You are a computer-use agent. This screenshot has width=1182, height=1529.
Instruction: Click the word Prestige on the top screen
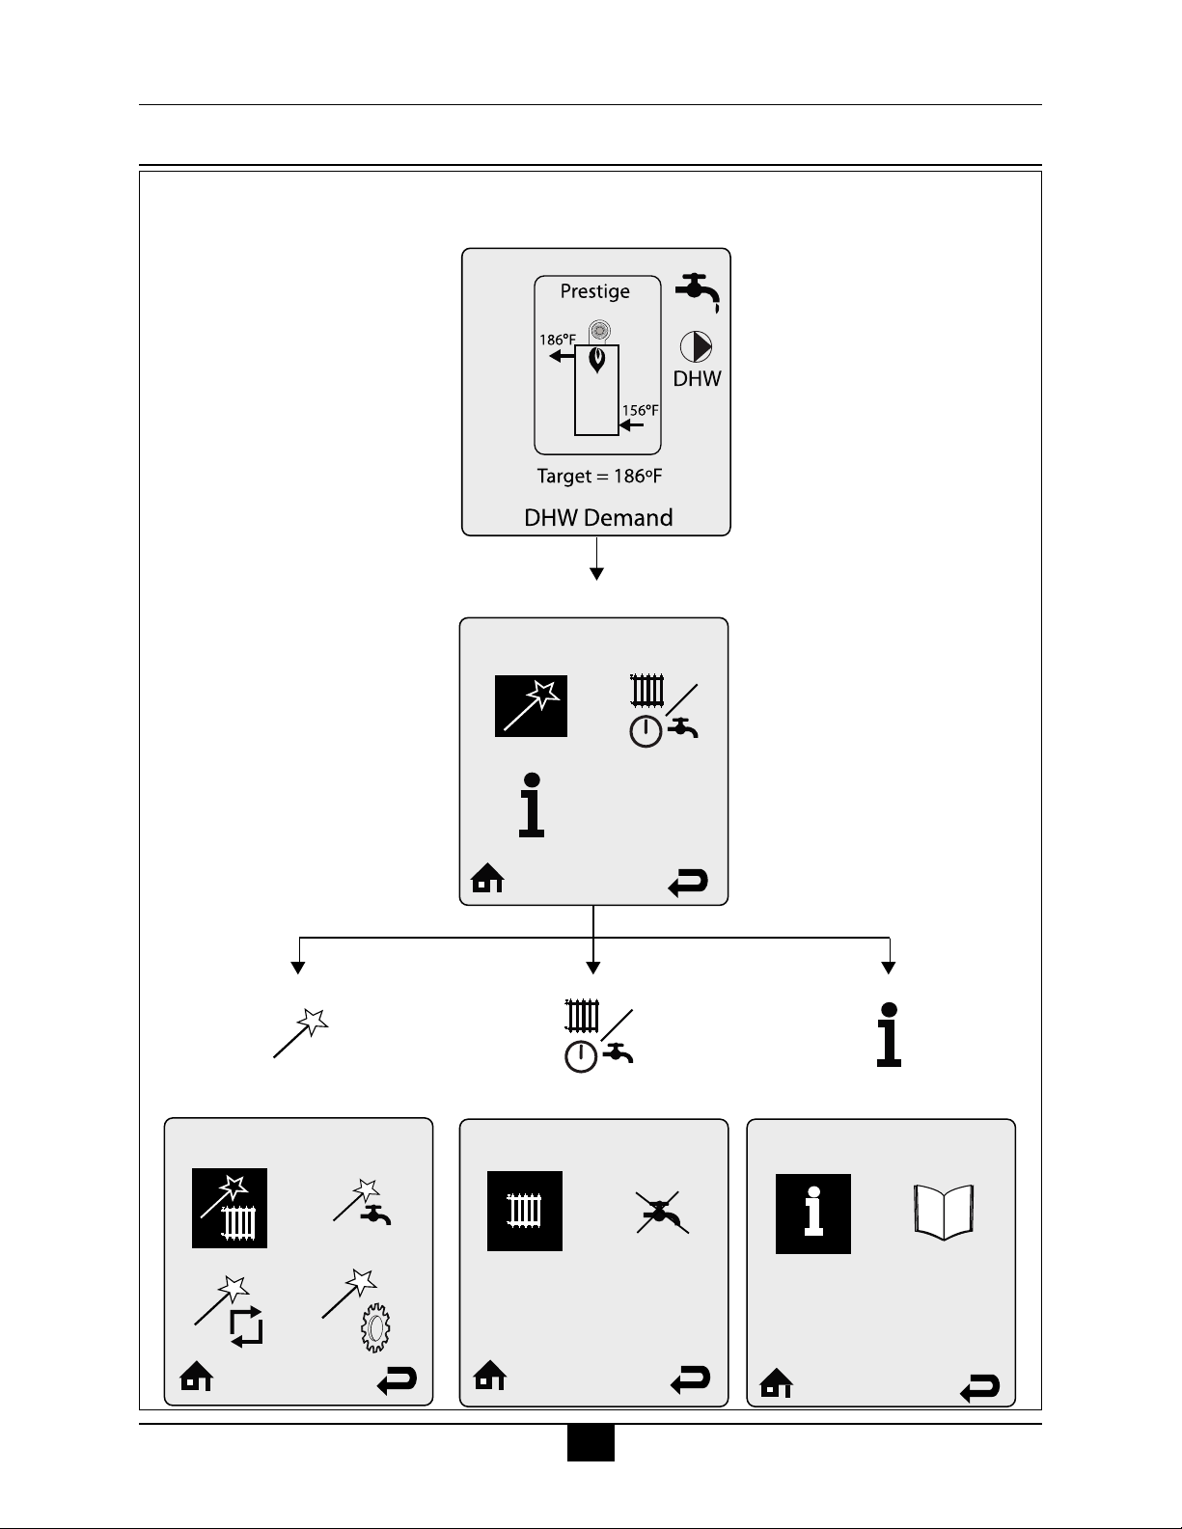pyautogui.click(x=595, y=291)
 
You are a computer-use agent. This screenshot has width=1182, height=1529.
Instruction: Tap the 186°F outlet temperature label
pyautogui.click(x=558, y=340)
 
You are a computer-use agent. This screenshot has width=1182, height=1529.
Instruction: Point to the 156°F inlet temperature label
pyautogui.click(x=640, y=410)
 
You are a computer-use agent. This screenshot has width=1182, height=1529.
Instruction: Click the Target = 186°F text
pyautogui.click(x=599, y=477)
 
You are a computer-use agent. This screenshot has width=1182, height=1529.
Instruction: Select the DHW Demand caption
pyautogui.click(x=598, y=518)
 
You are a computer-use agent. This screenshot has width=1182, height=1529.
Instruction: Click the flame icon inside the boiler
pyautogui.click(x=598, y=362)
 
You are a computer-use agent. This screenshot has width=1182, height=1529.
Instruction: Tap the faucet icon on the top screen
pyautogui.click(x=697, y=291)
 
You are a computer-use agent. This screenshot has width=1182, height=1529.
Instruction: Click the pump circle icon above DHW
pyautogui.click(x=696, y=347)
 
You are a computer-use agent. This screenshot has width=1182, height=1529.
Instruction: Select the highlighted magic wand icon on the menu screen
pyautogui.click(x=532, y=707)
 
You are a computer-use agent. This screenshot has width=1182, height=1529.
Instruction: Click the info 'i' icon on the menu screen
pyautogui.click(x=532, y=805)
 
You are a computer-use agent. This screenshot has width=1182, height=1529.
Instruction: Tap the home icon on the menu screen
pyautogui.click(x=488, y=879)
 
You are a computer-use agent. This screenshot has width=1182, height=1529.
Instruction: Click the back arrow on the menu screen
pyautogui.click(x=688, y=883)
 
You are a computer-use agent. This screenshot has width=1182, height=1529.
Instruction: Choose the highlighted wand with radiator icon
pyautogui.click(x=230, y=1209)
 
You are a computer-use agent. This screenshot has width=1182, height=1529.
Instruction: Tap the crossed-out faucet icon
pyautogui.click(x=663, y=1212)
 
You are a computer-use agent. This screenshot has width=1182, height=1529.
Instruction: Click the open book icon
pyautogui.click(x=944, y=1212)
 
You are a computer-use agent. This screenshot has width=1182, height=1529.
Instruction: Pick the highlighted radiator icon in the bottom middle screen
pyautogui.click(x=525, y=1211)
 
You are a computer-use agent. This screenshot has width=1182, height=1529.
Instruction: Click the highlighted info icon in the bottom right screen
pyautogui.click(x=813, y=1214)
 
